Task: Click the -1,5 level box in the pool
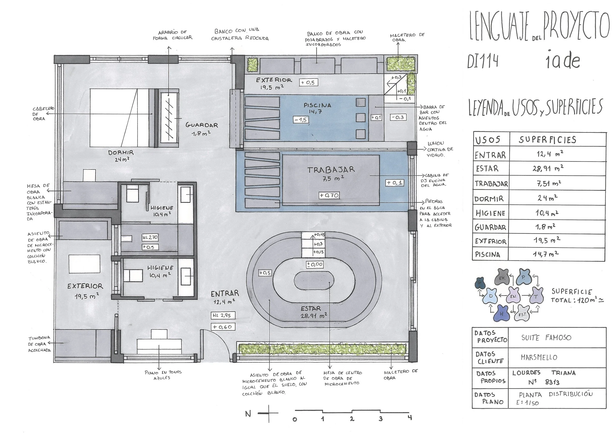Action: point(301,119)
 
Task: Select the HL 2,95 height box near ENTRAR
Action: point(223,316)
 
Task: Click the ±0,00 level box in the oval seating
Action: point(315,264)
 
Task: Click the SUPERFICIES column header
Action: point(548,140)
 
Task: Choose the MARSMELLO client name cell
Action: point(539,357)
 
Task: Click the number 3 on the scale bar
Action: point(381,419)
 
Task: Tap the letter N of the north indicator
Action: point(248,414)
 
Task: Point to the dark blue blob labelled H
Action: point(502,313)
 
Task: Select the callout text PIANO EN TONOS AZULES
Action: point(163,375)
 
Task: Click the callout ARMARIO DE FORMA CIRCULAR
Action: point(172,35)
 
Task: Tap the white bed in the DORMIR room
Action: point(119,118)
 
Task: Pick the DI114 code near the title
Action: point(483,61)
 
